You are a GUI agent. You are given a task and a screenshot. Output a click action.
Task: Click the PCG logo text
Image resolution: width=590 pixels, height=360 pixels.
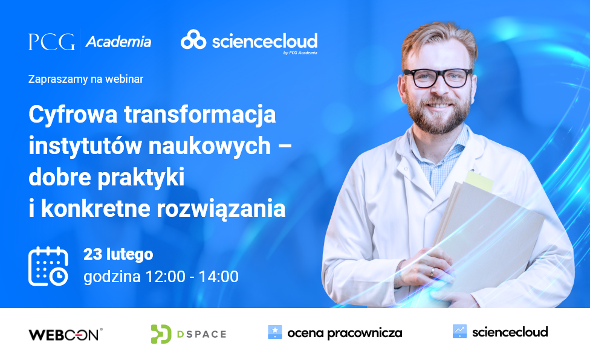pos(51,42)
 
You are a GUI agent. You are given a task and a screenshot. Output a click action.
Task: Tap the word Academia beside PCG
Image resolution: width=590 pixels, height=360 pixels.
pos(118,42)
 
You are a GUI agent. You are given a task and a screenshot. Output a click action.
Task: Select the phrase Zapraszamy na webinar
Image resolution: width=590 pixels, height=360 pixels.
pos(86,79)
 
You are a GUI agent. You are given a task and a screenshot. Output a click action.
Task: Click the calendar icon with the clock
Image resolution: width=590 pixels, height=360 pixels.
pos(48,266)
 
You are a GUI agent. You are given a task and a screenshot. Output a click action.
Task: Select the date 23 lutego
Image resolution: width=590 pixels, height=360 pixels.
pos(118,254)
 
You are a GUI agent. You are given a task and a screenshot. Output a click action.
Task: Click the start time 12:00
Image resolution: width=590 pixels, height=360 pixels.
pos(163,277)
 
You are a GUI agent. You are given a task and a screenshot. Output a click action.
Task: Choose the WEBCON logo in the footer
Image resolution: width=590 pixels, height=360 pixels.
pos(65,334)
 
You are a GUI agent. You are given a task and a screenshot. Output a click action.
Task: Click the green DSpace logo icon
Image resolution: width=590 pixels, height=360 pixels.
pos(161,333)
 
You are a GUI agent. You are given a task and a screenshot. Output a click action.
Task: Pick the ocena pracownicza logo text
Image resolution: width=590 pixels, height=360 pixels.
pos(345,333)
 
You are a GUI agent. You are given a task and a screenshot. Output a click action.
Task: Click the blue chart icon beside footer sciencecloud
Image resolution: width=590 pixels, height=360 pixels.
pos(459,331)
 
